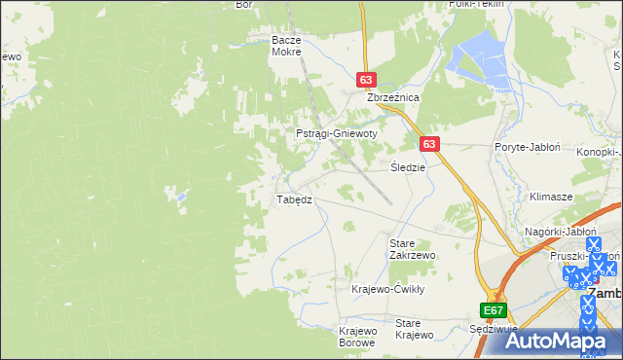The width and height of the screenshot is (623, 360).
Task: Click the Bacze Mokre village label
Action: point(287,47)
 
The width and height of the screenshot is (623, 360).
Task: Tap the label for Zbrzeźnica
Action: point(391,98)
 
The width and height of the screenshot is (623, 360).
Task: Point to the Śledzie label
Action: point(408,166)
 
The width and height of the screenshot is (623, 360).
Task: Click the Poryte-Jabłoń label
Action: point(527,147)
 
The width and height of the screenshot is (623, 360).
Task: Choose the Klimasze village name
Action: point(550,196)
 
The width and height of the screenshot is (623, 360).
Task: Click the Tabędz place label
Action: point(294,199)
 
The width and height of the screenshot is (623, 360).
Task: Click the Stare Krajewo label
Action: point(414,329)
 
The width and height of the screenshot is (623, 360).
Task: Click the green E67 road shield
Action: point(494,310)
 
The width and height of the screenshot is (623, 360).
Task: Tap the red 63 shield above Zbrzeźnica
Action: point(366,80)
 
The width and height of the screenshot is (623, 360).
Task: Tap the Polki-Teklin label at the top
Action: point(475,4)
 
